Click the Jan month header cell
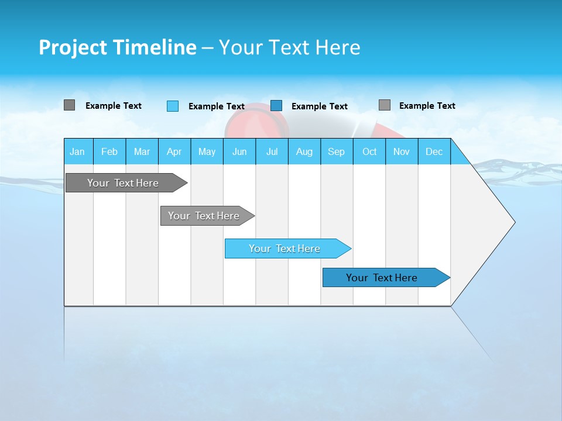tap(78, 151)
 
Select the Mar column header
tap(142, 151)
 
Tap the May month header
tap(207, 151)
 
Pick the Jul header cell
tap(272, 151)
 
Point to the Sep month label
tap(336, 151)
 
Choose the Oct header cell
tap(369, 151)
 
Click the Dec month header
tap(434, 151)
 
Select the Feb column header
tap(109, 151)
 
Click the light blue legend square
tap(173, 106)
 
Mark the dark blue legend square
tap(276, 106)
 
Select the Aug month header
tap(304, 151)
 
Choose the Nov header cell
tap(401, 151)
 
